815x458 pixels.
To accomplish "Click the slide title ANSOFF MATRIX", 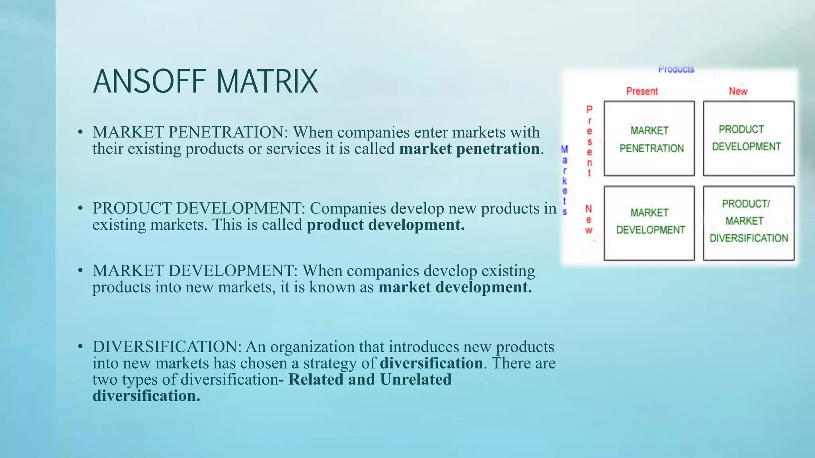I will (x=205, y=82).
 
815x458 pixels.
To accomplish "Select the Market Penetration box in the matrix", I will (x=649, y=139).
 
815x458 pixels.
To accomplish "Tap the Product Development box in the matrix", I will (x=748, y=138).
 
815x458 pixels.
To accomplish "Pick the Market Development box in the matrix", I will (x=649, y=223).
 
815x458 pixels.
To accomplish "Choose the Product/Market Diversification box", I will (x=748, y=223).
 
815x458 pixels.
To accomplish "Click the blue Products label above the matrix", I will (x=676, y=70).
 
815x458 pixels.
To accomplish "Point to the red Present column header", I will (x=642, y=91).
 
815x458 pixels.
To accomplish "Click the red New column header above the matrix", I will (x=738, y=91).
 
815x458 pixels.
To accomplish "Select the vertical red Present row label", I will (x=589, y=141).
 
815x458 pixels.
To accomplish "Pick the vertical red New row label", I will (x=589, y=219).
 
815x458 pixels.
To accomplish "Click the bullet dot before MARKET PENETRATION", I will (x=80, y=132).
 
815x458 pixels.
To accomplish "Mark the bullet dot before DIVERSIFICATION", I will (x=80, y=347).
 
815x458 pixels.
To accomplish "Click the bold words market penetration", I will (x=470, y=149).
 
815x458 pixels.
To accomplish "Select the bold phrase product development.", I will (x=385, y=225).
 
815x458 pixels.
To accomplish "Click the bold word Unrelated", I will (x=415, y=380).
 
